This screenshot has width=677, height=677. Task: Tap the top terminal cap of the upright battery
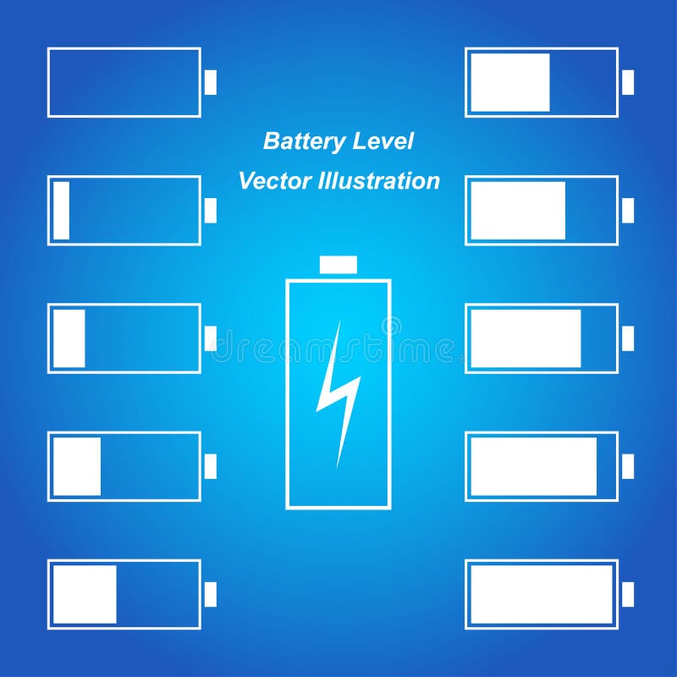338,265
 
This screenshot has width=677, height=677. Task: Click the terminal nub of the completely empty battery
211,82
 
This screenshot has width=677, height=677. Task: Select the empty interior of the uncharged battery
124,82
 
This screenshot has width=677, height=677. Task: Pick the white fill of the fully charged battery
542,594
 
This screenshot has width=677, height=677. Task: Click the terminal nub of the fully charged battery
628,594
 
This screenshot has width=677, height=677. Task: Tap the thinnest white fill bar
61,211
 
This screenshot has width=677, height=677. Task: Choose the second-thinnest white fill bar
69,338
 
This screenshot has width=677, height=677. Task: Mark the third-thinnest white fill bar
77,466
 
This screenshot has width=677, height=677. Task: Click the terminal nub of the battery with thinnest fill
211,211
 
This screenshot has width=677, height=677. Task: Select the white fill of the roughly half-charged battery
509,82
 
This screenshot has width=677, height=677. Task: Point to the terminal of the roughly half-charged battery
628,82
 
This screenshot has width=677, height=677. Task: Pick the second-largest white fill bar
533,466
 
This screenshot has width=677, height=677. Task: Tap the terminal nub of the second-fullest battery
628,466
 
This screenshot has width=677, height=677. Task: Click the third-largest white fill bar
526,338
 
